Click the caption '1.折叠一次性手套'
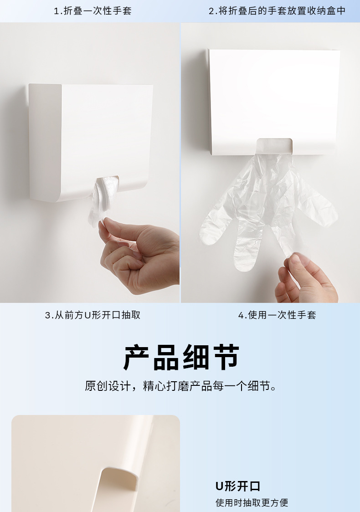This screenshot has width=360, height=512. click(x=93, y=11)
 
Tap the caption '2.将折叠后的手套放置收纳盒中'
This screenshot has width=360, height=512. click(x=277, y=11)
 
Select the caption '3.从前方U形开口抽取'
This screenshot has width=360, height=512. click(x=93, y=315)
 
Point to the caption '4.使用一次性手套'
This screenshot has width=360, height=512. click(x=277, y=315)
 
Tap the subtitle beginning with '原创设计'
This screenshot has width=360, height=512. click(x=180, y=386)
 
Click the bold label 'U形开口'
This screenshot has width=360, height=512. click(x=238, y=486)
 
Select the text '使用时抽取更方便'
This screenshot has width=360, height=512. click(x=252, y=502)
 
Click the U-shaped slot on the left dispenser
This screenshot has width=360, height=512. click(x=107, y=183)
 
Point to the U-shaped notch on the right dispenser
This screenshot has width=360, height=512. click(x=274, y=146)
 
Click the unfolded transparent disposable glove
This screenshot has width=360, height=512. click(x=268, y=209)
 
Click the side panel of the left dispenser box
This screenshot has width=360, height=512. click(x=45, y=142)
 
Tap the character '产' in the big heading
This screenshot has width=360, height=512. click(x=137, y=357)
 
